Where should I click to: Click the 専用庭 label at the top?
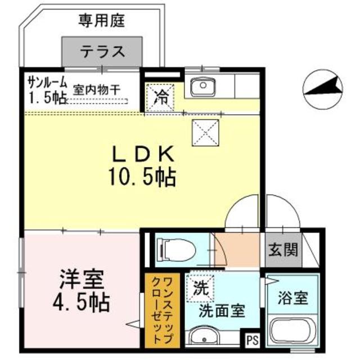click(101, 22)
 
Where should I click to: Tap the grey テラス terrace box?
click(101, 52)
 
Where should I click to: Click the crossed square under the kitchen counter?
click(203, 132)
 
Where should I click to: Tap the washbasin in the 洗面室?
click(202, 338)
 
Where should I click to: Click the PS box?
click(251, 339)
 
